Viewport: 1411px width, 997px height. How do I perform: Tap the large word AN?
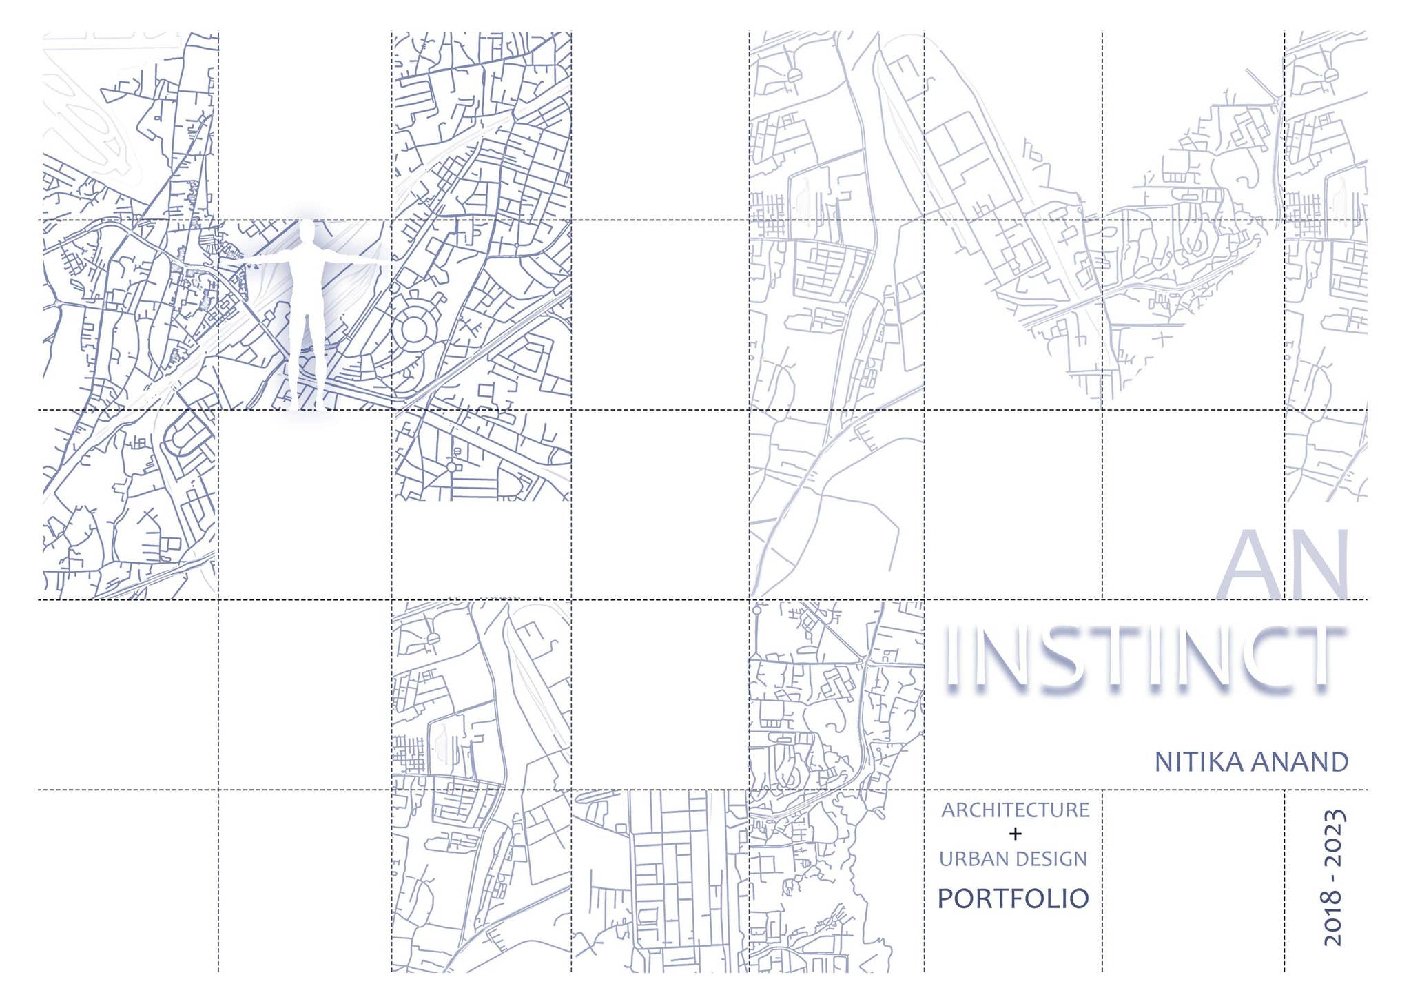1284,565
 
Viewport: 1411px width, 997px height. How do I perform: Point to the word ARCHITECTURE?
1015,810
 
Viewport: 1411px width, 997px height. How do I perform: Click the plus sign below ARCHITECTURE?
1015,834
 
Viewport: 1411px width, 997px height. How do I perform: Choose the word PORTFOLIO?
1013,898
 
